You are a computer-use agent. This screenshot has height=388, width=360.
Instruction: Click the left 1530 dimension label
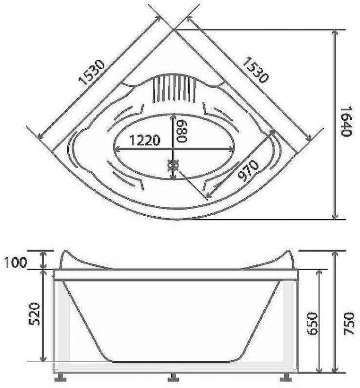(92, 71)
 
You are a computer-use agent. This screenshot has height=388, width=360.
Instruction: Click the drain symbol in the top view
(173, 165)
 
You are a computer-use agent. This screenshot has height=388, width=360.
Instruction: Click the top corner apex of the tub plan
(174, 29)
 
